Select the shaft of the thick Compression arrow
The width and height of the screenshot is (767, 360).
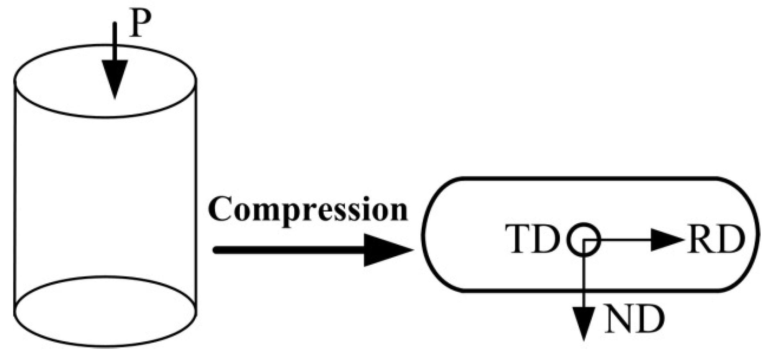pos(289,250)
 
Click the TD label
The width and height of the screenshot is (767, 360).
pos(532,239)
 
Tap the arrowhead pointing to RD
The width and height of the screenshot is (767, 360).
pos(665,240)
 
